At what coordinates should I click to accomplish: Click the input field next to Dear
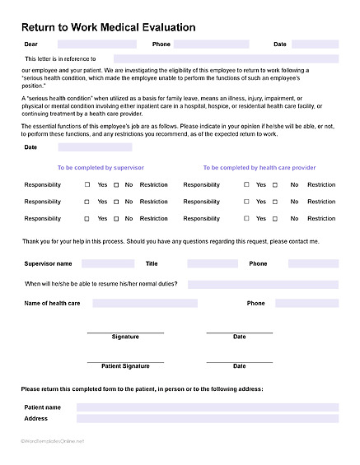click(x=97, y=44)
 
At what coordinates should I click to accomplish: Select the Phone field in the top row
click(x=211, y=44)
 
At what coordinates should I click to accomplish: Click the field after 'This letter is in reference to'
click(x=220, y=58)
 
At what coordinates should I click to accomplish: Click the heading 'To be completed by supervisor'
click(x=101, y=167)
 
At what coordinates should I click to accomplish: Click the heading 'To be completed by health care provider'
click(x=259, y=167)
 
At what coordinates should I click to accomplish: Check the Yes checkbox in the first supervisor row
click(x=87, y=185)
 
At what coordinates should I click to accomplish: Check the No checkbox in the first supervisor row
click(x=116, y=185)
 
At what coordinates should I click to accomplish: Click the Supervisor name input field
click(x=108, y=264)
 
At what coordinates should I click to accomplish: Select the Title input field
click(x=212, y=264)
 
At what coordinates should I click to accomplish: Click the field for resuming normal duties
click(x=263, y=284)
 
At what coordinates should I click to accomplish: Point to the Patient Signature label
click(x=125, y=365)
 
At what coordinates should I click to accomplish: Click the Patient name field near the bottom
click(x=207, y=407)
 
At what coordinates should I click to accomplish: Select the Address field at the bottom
click(x=207, y=419)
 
